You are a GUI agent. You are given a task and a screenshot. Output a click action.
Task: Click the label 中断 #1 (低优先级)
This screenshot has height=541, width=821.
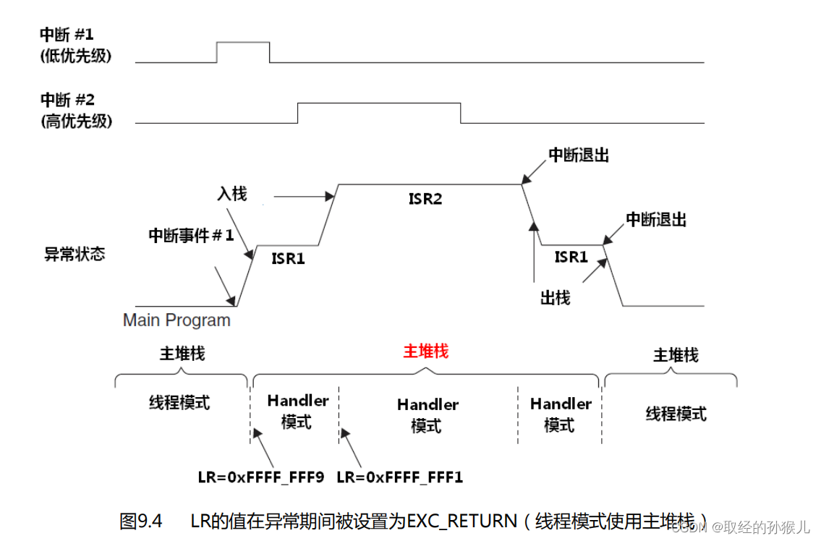click(x=76, y=46)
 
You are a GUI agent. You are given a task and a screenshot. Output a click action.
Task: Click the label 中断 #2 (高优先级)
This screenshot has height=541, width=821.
click(x=76, y=110)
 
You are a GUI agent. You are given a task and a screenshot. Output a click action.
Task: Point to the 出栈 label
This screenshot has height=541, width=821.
click(x=555, y=297)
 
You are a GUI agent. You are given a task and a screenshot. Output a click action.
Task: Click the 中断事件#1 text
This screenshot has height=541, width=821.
click(x=191, y=235)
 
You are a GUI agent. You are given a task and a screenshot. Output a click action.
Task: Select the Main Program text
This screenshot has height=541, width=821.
click(x=176, y=320)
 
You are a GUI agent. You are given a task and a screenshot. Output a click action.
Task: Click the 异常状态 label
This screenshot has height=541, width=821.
click(x=75, y=255)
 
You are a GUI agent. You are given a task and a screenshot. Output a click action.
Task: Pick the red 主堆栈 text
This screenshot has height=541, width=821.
click(x=426, y=352)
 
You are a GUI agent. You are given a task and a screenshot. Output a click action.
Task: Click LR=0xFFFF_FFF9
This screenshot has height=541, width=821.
click(x=261, y=477)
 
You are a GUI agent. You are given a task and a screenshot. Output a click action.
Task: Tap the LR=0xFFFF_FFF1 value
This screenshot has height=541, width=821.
click(x=400, y=477)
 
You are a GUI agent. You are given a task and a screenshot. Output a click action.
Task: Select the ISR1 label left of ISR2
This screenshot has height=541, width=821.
click(x=288, y=257)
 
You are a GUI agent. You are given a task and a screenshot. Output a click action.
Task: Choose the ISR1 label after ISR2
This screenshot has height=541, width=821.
click(x=571, y=256)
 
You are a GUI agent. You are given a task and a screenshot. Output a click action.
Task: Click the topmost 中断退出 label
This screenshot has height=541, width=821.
click(x=579, y=156)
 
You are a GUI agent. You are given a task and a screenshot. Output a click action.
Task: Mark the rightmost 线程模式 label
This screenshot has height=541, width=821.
click(x=676, y=414)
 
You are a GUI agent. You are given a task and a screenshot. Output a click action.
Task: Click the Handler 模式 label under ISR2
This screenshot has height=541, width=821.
click(x=427, y=415)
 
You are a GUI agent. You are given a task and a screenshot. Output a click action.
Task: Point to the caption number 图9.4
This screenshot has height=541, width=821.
click(x=140, y=521)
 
